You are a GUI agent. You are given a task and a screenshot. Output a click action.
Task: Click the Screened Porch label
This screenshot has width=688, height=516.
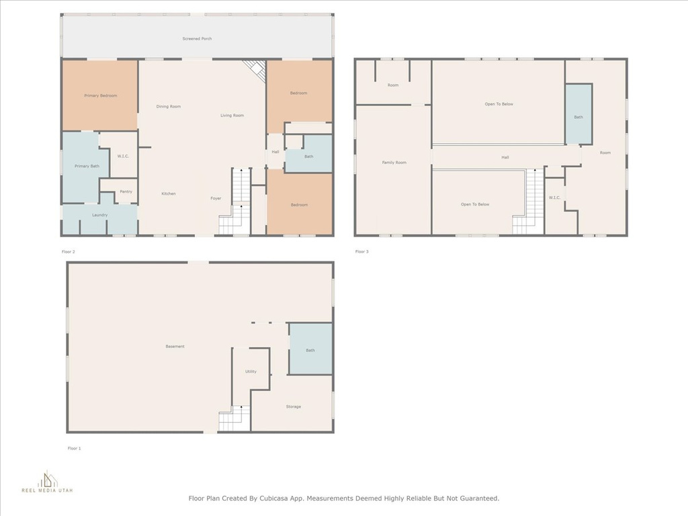(197, 38)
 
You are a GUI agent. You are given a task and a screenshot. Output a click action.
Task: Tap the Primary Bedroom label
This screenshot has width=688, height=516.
(101, 95)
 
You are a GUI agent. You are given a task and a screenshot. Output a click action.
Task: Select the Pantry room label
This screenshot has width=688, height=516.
(126, 191)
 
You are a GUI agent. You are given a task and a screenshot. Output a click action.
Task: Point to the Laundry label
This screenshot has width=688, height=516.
(99, 215)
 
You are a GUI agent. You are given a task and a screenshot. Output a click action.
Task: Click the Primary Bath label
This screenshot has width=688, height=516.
(87, 167)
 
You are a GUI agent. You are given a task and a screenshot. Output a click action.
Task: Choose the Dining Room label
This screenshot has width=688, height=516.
(169, 107)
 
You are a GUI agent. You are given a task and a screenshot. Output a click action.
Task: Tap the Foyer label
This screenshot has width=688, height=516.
(216, 198)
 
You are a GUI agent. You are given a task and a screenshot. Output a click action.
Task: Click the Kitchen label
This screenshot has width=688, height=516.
(169, 193)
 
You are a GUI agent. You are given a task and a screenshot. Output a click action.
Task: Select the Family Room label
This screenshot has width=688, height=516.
(394, 163)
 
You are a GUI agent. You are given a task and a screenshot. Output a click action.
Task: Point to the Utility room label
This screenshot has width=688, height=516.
(251, 371)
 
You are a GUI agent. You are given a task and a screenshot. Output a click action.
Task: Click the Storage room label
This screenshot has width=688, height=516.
(294, 406)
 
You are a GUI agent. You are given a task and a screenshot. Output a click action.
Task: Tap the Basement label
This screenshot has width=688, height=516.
(175, 347)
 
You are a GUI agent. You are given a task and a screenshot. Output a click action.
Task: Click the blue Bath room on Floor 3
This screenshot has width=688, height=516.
(578, 114)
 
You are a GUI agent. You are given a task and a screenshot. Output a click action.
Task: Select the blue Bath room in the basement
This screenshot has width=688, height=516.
(310, 349)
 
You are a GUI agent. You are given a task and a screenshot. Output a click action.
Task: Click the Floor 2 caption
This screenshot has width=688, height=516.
(69, 252)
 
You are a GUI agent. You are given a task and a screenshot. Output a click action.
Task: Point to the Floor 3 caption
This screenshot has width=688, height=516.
(362, 252)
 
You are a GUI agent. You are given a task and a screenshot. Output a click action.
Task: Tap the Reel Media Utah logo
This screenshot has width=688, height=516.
(48, 482)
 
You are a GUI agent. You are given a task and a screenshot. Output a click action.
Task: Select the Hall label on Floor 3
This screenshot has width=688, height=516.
(505, 157)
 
